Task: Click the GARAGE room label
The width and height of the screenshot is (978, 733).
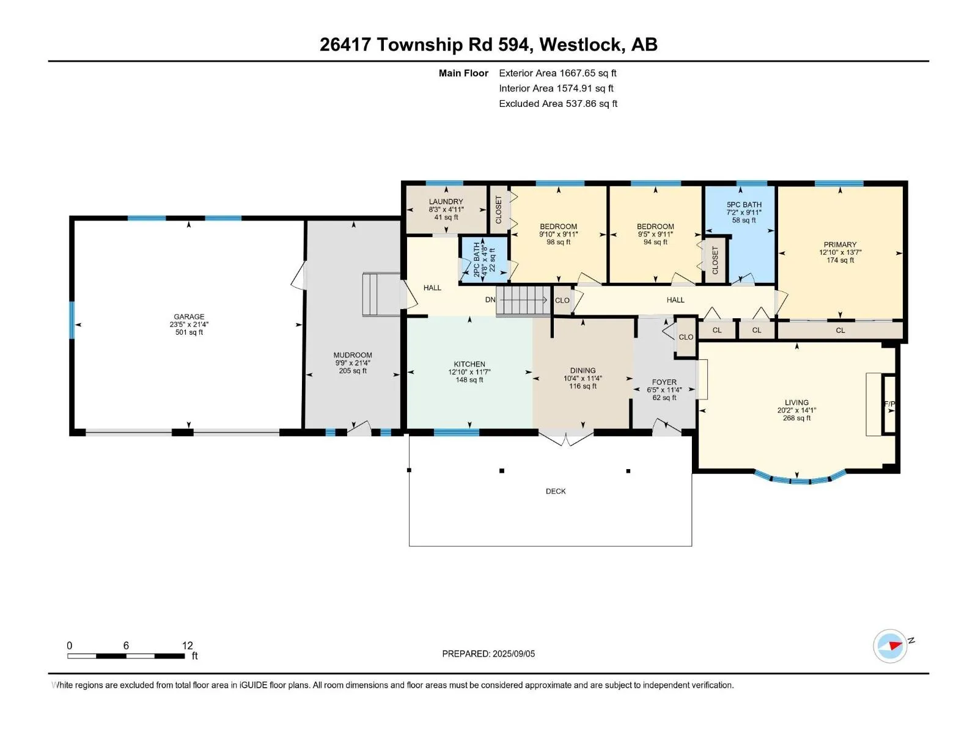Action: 189,316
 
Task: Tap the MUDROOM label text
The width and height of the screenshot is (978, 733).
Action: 353,355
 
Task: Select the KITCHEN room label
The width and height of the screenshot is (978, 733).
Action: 469,363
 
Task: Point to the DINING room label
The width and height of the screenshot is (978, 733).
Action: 583,370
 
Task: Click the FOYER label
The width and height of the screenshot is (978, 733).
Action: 664,382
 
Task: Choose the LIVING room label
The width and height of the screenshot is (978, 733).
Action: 796,403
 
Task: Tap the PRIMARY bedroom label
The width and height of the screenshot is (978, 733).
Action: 840,244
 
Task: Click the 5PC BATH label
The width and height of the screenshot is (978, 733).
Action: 744,204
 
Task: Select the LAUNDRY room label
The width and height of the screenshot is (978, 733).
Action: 446,201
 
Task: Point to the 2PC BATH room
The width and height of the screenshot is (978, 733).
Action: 484,260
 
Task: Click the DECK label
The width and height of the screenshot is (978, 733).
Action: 555,491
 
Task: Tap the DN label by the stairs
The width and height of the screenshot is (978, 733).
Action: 490,299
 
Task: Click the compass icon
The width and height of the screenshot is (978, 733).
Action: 890,646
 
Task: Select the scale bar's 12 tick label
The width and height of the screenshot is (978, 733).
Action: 187,645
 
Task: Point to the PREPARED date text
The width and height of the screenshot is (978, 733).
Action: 488,654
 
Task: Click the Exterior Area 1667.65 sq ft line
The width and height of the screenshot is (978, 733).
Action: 557,73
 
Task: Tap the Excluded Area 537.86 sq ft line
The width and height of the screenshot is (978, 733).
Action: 558,103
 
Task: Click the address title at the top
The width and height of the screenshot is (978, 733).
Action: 488,45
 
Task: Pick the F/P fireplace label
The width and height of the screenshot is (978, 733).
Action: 889,404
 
